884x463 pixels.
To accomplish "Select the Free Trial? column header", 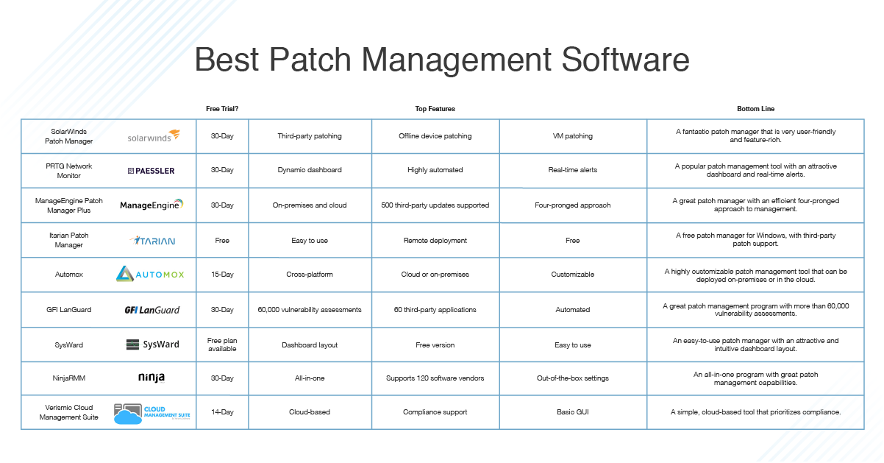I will [221, 109].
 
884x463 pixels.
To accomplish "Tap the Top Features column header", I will [435, 109].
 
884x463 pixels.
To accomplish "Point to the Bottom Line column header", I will [755, 109].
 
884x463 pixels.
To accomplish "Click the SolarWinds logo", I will [153, 136].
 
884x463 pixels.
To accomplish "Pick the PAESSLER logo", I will [151, 171].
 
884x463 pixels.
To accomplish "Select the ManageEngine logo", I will [152, 205].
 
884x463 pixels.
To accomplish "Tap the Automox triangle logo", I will [125, 275].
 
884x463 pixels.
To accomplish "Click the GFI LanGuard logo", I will [152, 310].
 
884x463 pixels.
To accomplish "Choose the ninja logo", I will [152, 378].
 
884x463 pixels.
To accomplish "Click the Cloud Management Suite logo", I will [152, 414].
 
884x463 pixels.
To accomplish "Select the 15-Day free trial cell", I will [221, 275].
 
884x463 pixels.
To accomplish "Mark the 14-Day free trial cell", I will [221, 412].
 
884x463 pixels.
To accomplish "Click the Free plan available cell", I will [221, 344].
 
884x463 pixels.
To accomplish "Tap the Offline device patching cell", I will [435, 136].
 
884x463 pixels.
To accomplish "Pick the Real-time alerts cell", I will [572, 170].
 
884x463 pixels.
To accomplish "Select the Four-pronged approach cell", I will [572, 205].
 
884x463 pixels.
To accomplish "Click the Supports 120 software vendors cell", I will [435, 378].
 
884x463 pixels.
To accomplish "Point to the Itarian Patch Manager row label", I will [69, 240].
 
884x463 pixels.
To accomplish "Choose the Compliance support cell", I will [435, 412].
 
